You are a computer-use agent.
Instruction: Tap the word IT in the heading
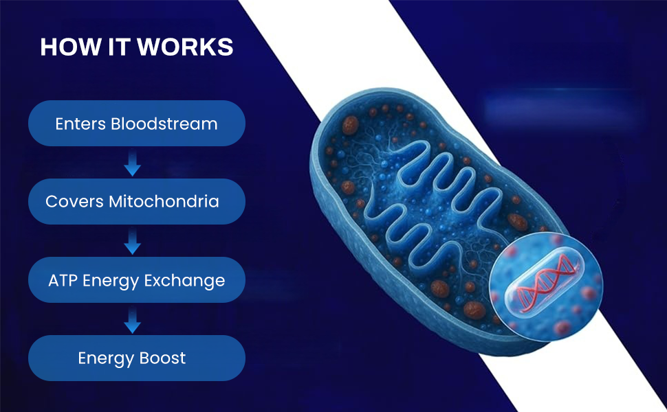click(x=119, y=47)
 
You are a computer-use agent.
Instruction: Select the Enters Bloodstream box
click(x=137, y=123)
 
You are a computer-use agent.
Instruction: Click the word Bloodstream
click(x=164, y=124)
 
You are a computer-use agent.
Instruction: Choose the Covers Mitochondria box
click(x=137, y=201)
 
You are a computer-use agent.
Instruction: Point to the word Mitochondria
click(x=164, y=201)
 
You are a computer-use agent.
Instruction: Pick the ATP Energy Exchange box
click(x=137, y=280)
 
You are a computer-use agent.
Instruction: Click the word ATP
click(x=63, y=280)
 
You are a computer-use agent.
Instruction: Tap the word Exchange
click(x=184, y=281)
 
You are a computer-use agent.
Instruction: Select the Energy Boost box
click(x=137, y=358)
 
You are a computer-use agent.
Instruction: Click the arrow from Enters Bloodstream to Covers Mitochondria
click(x=132, y=162)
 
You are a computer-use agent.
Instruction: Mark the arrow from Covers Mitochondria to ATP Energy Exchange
click(x=132, y=241)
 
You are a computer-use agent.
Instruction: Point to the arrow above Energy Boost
click(x=132, y=319)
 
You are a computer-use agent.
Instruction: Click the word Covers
click(x=74, y=201)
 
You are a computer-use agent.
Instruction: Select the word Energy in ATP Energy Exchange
click(x=111, y=281)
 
